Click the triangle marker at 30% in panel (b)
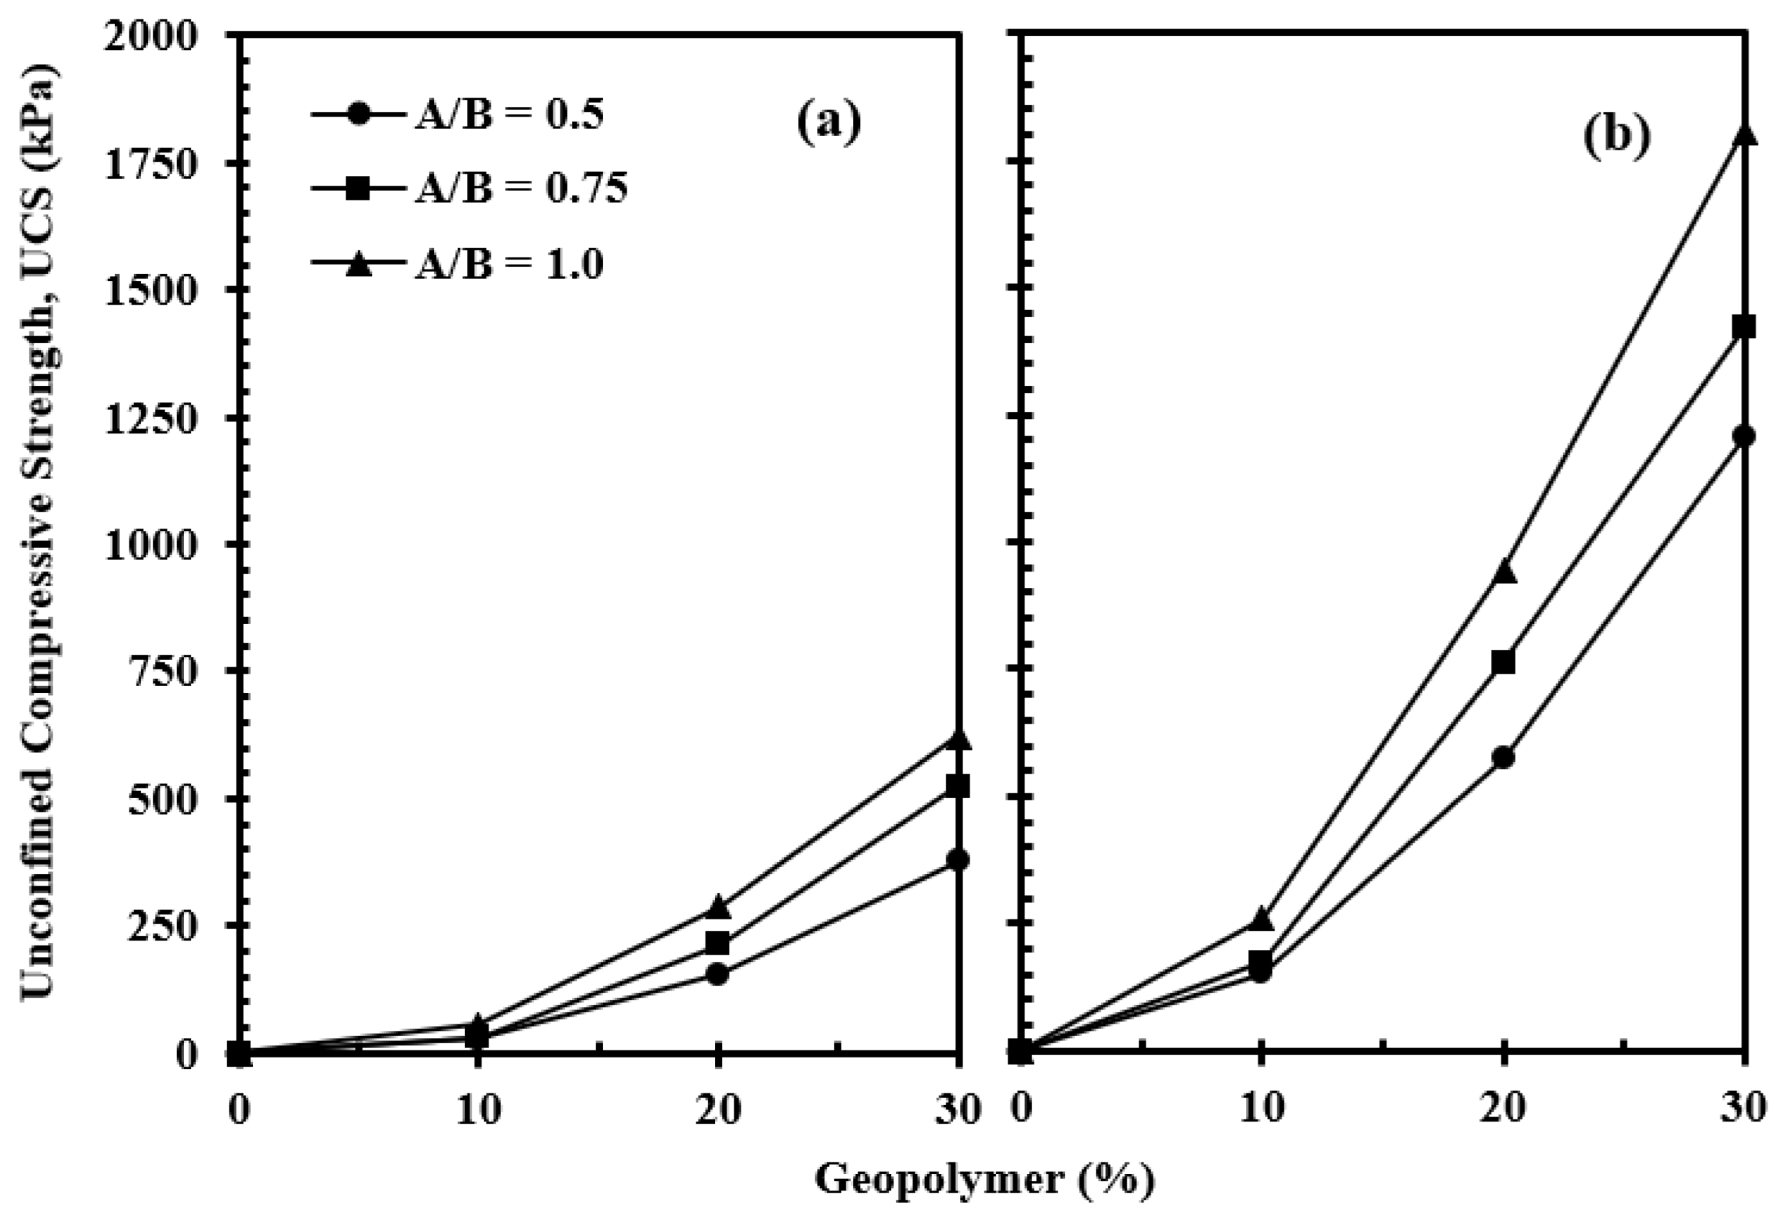(x=1743, y=136)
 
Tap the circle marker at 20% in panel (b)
(x=1503, y=758)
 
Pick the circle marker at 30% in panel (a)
(x=956, y=860)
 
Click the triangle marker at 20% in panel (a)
(x=717, y=907)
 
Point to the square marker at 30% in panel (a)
(x=956, y=786)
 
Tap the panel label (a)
(x=829, y=123)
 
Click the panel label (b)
(x=1615, y=138)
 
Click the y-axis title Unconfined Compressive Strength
(x=38, y=528)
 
